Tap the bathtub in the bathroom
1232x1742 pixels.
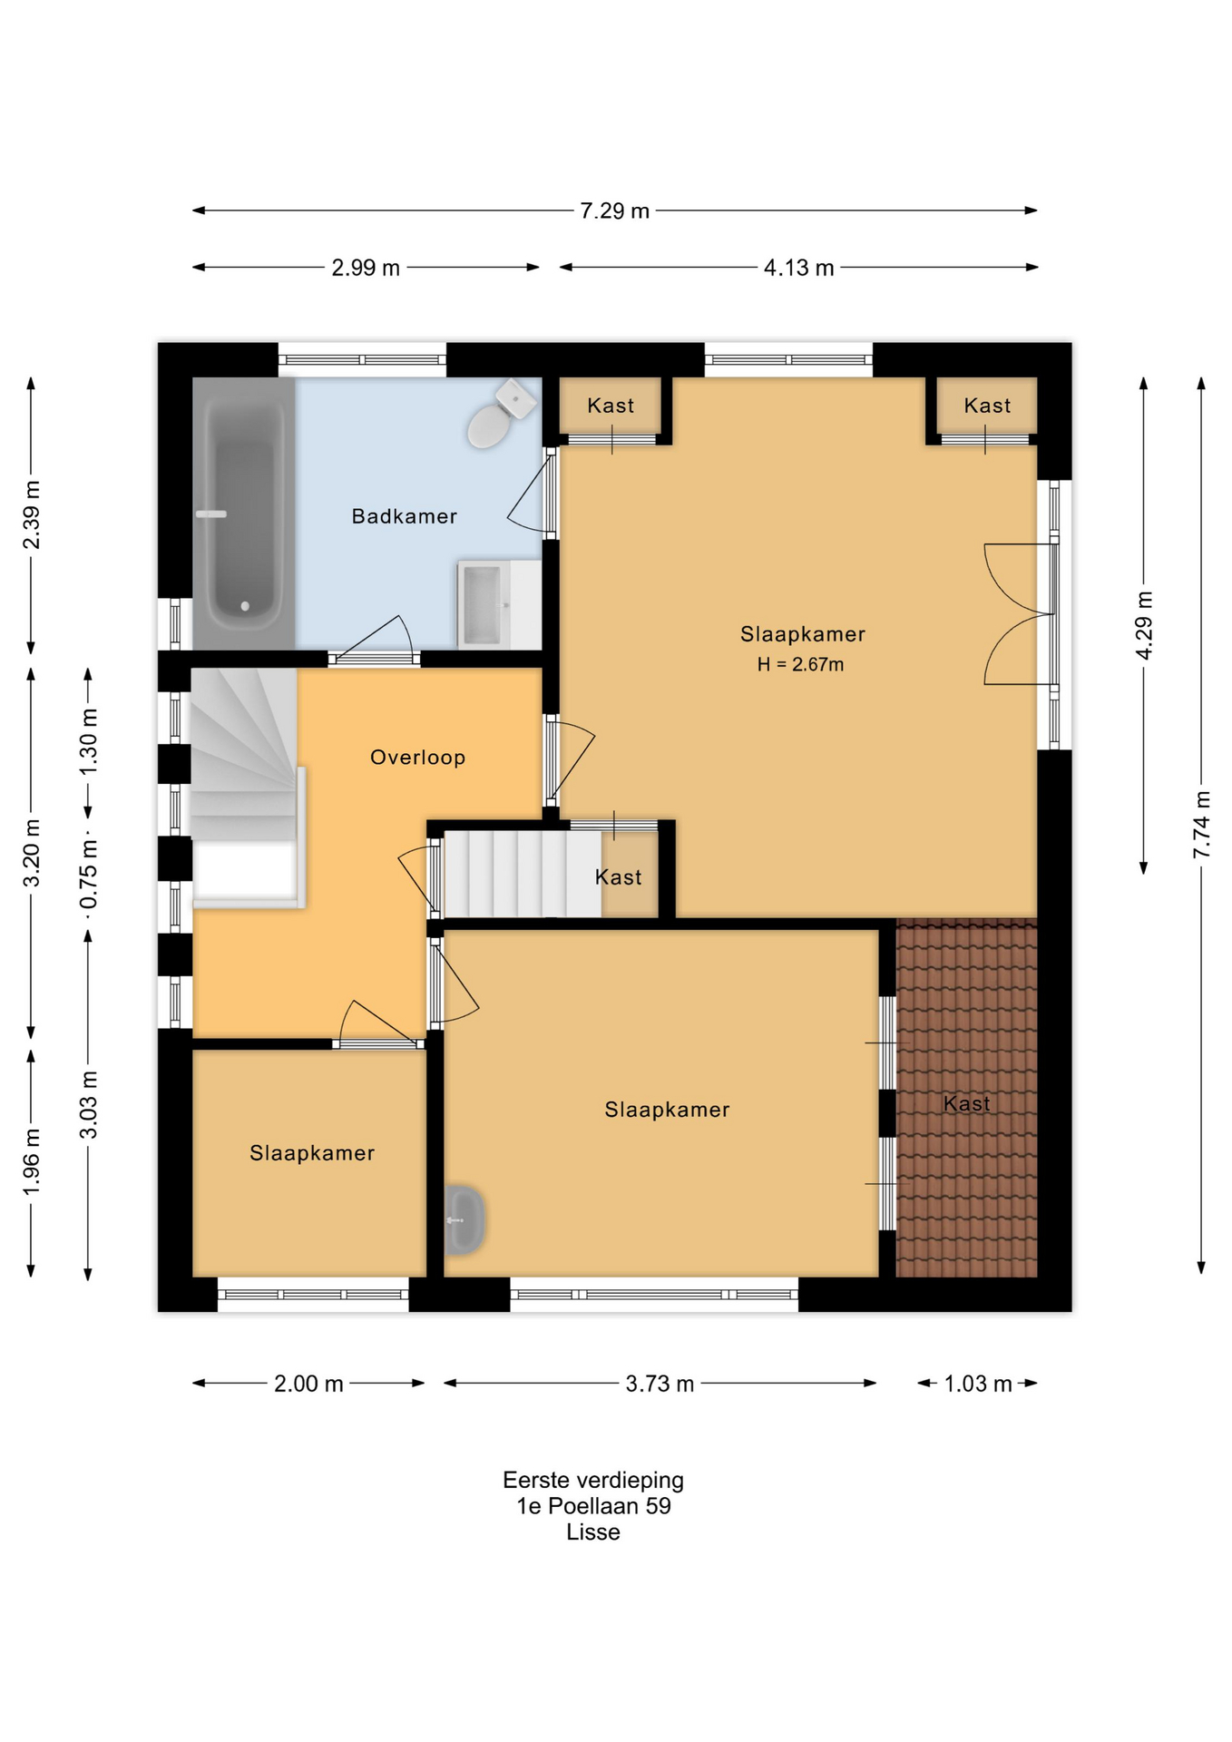(x=244, y=514)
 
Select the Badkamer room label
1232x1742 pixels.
(x=405, y=516)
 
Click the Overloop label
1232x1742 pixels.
(x=417, y=758)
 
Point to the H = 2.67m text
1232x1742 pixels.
(x=800, y=664)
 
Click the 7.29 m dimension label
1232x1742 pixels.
(x=615, y=210)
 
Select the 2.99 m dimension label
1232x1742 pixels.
(x=366, y=268)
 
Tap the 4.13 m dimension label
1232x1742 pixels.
(x=798, y=268)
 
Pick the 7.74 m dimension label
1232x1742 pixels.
(x=1201, y=824)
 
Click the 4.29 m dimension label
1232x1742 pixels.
(x=1144, y=626)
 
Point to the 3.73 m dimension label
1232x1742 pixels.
(x=660, y=1384)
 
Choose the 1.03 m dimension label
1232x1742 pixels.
(x=978, y=1384)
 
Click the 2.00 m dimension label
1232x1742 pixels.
(x=308, y=1384)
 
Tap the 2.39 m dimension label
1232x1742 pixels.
(x=32, y=514)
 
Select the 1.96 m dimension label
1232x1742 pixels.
(x=32, y=1162)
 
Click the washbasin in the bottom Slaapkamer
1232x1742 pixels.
(x=464, y=1220)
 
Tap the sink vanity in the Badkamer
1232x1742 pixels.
(x=499, y=604)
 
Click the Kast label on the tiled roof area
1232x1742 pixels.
(x=966, y=1104)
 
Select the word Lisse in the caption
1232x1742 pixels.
(x=593, y=1532)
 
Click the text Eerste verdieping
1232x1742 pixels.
(x=593, y=1480)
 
